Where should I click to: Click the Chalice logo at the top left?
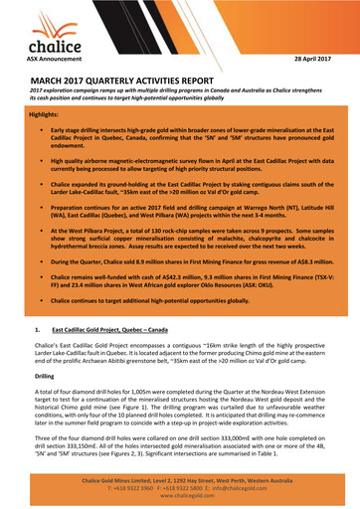(x=42, y=40)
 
